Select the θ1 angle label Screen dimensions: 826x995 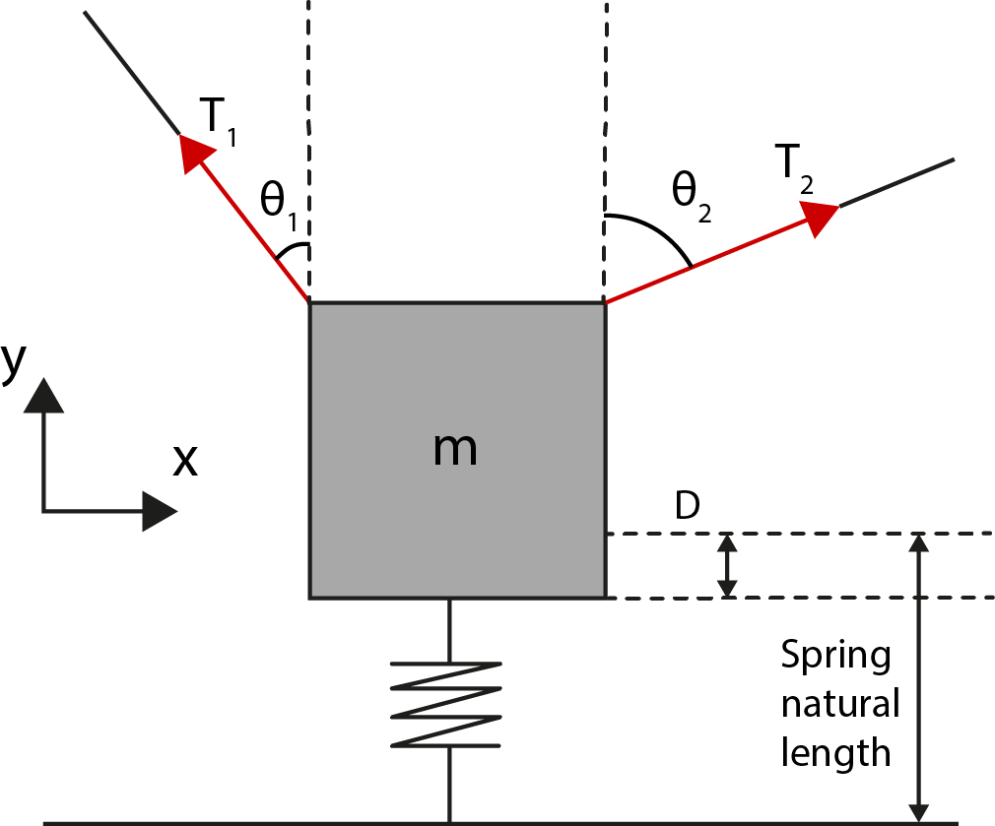[279, 202]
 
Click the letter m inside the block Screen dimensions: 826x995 [455, 449]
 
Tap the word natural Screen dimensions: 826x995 [839, 704]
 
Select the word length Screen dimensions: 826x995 [835, 753]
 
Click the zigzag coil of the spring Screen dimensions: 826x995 [447, 703]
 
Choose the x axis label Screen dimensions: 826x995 [184, 459]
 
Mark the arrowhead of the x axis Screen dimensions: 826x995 [160, 511]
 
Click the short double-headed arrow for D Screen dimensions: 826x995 [727, 565]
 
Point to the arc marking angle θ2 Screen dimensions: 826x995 [655, 234]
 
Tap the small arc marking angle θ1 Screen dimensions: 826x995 [292, 248]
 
